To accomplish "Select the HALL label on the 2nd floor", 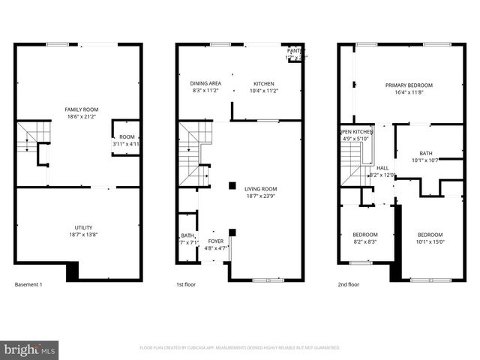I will coord(382,168).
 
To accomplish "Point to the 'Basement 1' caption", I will coord(28,285).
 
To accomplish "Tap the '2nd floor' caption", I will coord(349,285).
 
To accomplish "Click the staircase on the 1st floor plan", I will coord(193,154).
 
